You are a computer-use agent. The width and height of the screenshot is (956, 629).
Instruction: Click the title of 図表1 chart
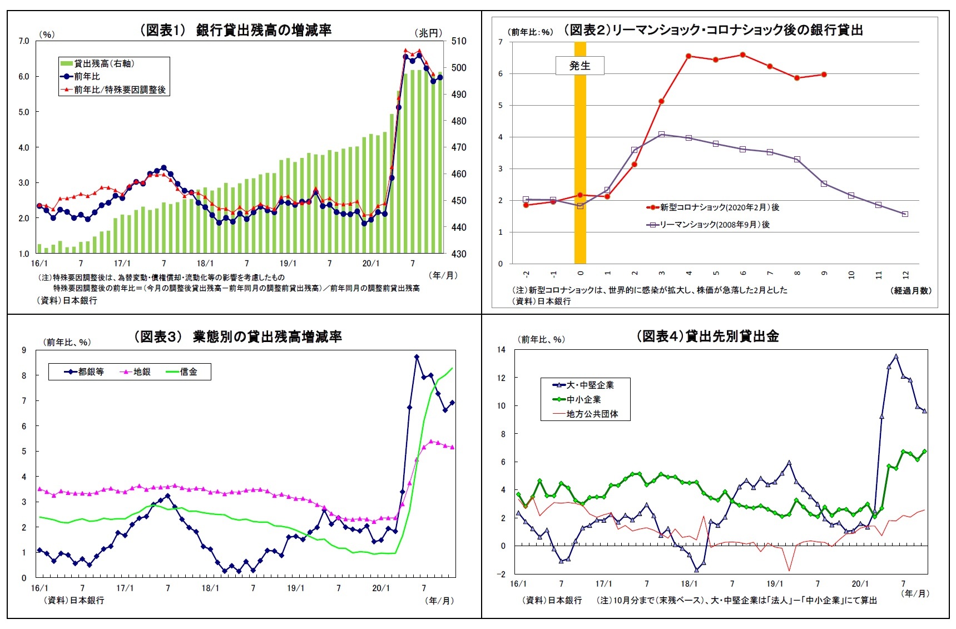(235, 30)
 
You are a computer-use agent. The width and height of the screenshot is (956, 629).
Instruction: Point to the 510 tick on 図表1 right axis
(459, 41)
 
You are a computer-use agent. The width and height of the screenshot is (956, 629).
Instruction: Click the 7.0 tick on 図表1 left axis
(24, 41)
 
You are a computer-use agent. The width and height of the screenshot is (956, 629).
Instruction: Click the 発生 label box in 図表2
(579, 66)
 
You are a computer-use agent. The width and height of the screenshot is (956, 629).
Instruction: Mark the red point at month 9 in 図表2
(824, 74)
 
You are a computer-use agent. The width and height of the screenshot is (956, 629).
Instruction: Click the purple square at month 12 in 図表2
(905, 214)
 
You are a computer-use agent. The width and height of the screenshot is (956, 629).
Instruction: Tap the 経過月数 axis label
(910, 290)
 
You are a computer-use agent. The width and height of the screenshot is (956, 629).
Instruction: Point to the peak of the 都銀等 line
(417, 357)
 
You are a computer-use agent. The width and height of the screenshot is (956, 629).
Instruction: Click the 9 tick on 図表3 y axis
(24, 350)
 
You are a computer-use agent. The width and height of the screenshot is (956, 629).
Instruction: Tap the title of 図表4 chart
(707, 336)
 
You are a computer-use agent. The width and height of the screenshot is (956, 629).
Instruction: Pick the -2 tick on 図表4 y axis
(502, 574)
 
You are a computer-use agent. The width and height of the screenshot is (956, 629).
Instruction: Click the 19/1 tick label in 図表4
(775, 583)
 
